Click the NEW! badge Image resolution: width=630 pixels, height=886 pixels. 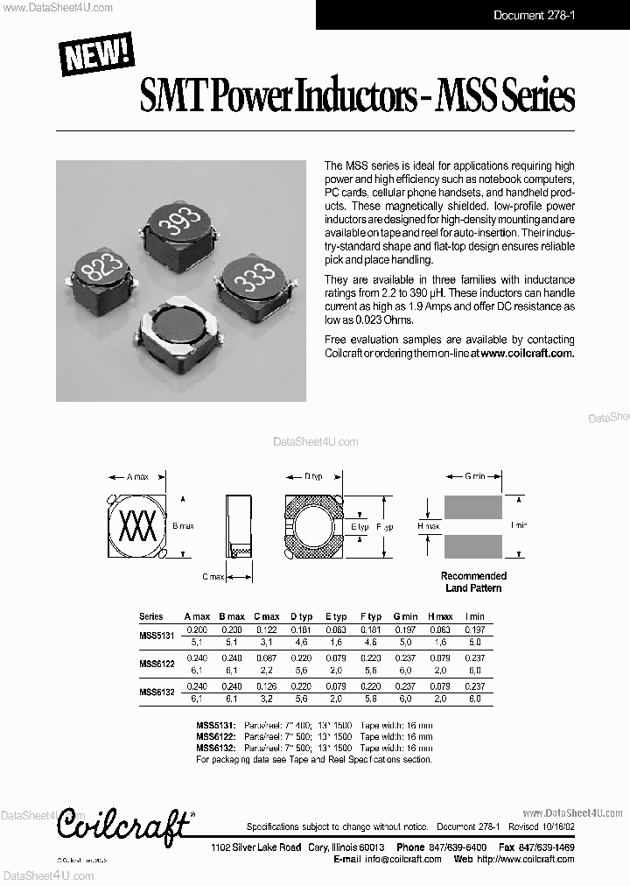pyautogui.click(x=96, y=53)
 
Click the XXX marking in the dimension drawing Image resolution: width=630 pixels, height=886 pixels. pyautogui.click(x=136, y=527)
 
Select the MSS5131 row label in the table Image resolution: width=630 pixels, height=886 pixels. pyautogui.click(x=157, y=635)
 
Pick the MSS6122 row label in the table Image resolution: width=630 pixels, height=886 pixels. pyautogui.click(x=157, y=664)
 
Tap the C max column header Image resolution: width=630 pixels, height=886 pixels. pyautogui.click(x=266, y=616)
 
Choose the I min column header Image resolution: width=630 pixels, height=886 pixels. pyautogui.click(x=473, y=616)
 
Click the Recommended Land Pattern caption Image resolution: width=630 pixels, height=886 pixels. pyautogui.click(x=473, y=582)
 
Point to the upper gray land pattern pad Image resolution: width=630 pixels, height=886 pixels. pyautogui.click(x=472, y=506)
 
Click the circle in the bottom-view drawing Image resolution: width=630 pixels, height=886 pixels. pyautogui.click(x=313, y=527)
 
